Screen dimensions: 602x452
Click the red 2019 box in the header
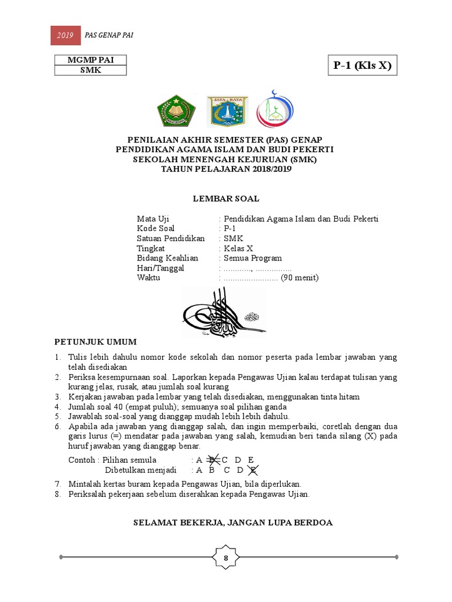65,36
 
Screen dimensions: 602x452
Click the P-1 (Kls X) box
362,65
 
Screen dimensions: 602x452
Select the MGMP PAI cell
90,60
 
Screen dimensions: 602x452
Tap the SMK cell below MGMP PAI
90,71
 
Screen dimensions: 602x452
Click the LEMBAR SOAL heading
226,199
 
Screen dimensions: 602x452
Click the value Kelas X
238,248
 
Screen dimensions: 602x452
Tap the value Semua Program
252,258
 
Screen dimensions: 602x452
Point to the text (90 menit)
300,278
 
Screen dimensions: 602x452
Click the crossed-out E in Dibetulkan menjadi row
253,470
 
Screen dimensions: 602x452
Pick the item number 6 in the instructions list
58,426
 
